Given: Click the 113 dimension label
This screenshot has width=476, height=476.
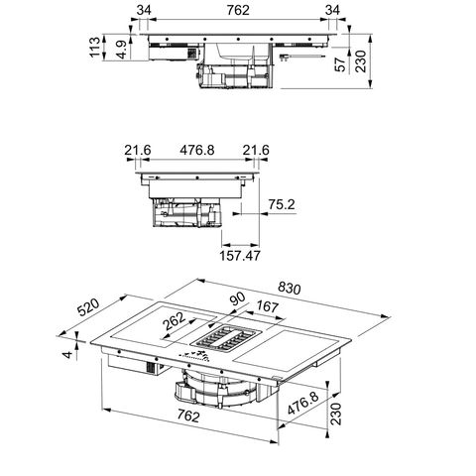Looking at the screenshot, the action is [x=95, y=47].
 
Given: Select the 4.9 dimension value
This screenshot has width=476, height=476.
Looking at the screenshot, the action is [x=122, y=50].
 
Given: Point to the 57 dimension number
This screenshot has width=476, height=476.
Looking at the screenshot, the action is [x=340, y=63].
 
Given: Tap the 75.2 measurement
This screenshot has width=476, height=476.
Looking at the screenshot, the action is [x=281, y=204].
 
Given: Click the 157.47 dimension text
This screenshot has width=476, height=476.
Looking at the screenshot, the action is [x=240, y=256].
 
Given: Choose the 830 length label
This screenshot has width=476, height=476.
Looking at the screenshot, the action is [x=290, y=288].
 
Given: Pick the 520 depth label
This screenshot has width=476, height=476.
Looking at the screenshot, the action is [x=88, y=307].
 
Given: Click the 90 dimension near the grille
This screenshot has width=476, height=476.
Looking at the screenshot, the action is [x=238, y=298].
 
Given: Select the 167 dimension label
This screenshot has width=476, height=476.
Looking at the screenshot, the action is [x=267, y=306].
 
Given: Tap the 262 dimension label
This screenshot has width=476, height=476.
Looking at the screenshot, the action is [x=175, y=321].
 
